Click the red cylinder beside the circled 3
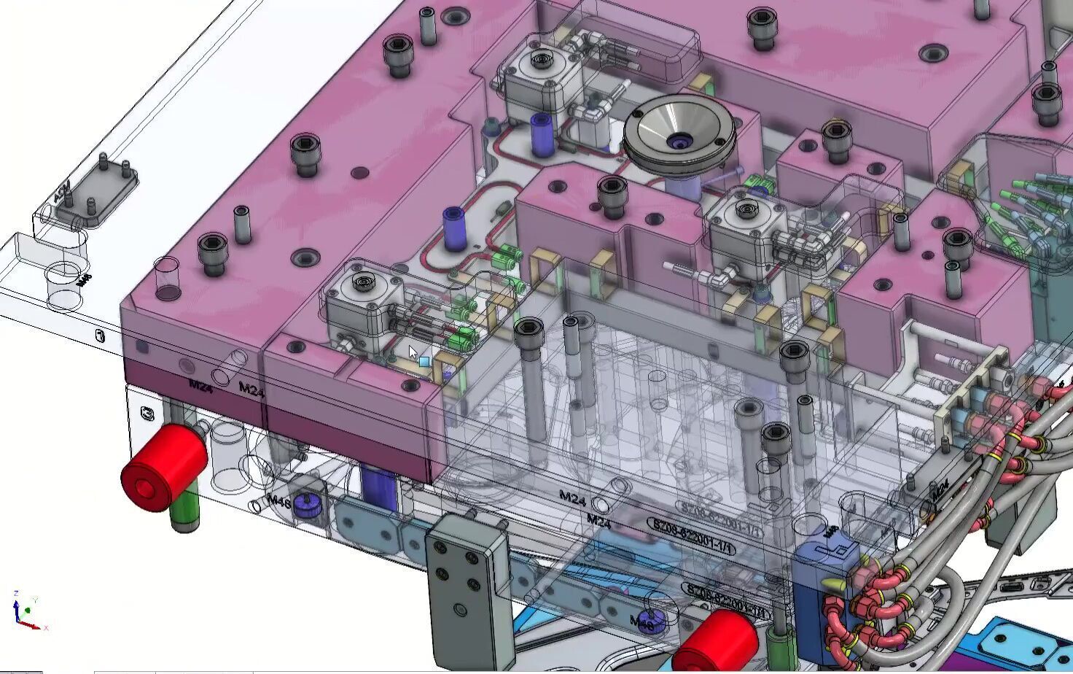[x=164, y=467]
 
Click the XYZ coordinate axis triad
[x=26, y=611]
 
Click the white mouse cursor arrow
[x=413, y=353]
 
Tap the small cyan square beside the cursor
[x=424, y=361]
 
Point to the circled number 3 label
[x=148, y=414]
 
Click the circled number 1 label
[x=100, y=336]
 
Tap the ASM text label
[x=62, y=191]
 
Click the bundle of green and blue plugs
[x=1028, y=212]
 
